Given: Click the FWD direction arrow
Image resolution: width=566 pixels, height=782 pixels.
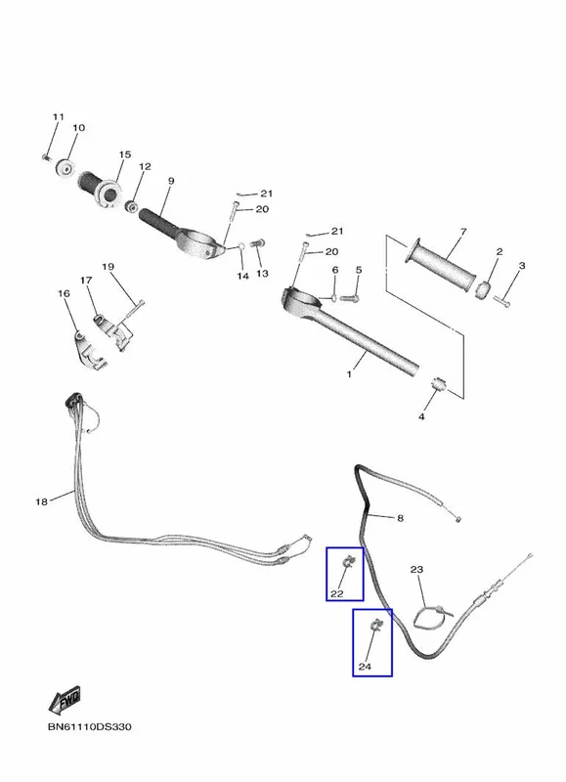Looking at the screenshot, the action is click(65, 700).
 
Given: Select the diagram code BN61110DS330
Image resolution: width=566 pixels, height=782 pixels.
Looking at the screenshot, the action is click(90, 726).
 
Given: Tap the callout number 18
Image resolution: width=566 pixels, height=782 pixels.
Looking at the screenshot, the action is click(41, 501).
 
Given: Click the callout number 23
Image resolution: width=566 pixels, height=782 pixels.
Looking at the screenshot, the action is click(416, 569).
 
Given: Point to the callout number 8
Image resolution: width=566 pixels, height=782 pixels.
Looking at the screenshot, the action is click(400, 518).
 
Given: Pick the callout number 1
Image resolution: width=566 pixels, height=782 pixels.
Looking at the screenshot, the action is click(349, 373).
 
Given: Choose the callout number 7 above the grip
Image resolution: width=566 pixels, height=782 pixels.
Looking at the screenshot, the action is click(463, 232).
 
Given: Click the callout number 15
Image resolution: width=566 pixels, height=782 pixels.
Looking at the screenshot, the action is click(125, 154).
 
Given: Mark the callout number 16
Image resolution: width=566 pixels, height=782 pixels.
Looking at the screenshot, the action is click(64, 293).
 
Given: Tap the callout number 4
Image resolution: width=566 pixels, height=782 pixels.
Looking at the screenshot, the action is click(421, 416).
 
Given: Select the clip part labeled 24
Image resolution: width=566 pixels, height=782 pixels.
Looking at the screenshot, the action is click(375, 624).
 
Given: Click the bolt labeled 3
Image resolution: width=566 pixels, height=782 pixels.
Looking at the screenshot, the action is click(501, 301).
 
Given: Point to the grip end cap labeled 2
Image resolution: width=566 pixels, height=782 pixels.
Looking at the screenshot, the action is click(483, 290).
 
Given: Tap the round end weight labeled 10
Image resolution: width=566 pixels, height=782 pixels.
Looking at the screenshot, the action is click(65, 167).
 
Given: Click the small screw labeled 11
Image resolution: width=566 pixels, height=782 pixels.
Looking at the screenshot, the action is click(46, 157).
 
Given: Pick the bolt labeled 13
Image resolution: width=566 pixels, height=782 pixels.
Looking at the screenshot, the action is click(258, 243).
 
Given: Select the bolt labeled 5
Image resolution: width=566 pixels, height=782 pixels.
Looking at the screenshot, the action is click(349, 298).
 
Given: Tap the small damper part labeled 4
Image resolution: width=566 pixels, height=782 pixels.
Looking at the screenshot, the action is click(437, 384).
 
